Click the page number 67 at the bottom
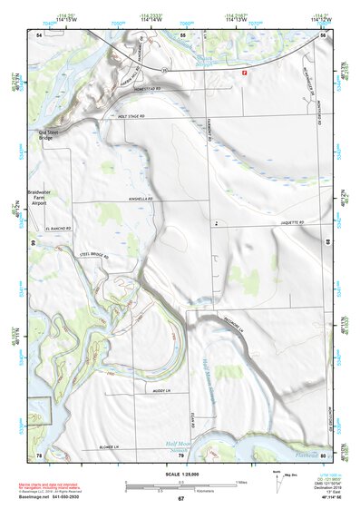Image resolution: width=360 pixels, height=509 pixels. pyautogui.click(x=180, y=498)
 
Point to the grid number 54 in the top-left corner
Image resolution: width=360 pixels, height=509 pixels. pyautogui.click(x=39, y=34)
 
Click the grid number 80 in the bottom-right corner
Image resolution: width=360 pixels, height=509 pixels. pyautogui.click(x=323, y=454)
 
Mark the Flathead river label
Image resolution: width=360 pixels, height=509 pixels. pyautogui.click(x=305, y=446)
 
